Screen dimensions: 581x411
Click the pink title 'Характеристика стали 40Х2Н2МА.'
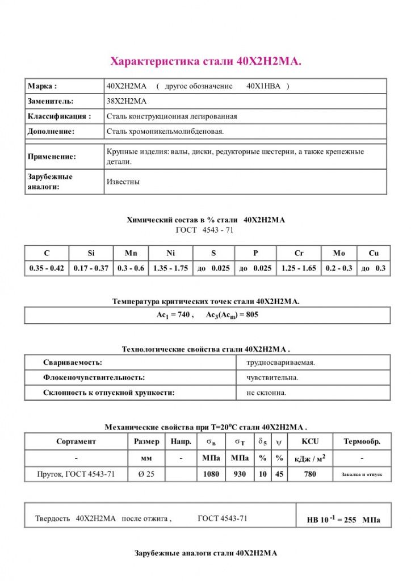[x=205, y=61]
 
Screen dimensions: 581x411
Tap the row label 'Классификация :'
[x=59, y=116]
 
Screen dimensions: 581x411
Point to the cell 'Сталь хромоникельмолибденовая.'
[x=165, y=131]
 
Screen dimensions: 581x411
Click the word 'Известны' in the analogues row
[x=123, y=182]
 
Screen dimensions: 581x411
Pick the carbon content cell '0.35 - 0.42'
[x=47, y=268]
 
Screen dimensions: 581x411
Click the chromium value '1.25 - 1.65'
[x=299, y=268]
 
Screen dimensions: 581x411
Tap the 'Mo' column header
[x=339, y=253]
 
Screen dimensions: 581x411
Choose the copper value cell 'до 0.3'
[x=373, y=268]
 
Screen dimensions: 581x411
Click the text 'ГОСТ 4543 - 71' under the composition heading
[x=205, y=230]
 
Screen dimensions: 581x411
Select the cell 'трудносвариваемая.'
[x=280, y=362]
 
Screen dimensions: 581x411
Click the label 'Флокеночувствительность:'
[x=94, y=377]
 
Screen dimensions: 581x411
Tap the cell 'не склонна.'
[x=266, y=392]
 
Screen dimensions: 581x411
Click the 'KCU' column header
[x=310, y=441]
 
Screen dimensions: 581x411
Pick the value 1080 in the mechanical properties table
[x=211, y=474]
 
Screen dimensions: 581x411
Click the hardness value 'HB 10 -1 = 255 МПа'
[x=343, y=519]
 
